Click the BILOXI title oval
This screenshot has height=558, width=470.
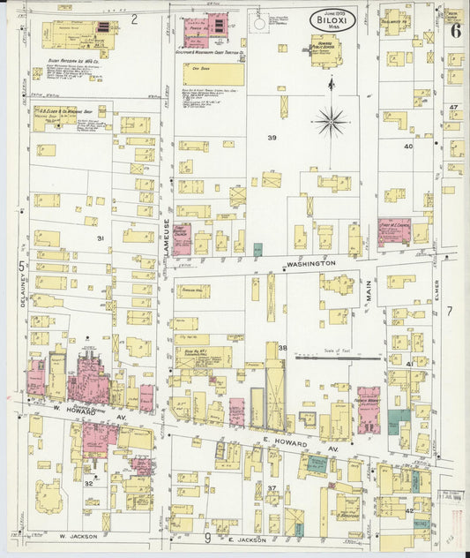(332, 20)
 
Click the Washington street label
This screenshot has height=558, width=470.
(310, 263)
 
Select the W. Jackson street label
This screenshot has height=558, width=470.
(77, 535)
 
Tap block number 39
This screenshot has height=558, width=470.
(272, 137)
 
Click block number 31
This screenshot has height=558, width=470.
(100, 238)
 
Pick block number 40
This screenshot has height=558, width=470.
(407, 147)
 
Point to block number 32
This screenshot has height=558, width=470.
(88, 483)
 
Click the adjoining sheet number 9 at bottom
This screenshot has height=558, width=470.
(207, 537)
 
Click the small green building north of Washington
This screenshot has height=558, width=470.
(257, 250)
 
